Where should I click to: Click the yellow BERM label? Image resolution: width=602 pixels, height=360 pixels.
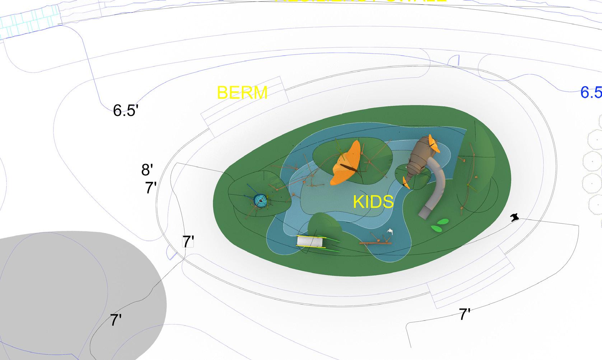pos(242,93)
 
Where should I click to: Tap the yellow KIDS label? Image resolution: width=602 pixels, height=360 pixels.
pos(373,202)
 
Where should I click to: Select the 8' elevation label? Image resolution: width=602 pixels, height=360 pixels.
pos(147,169)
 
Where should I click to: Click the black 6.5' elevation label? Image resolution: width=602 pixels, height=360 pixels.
pos(125,110)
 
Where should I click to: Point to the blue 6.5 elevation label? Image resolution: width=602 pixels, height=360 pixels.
pos(591,93)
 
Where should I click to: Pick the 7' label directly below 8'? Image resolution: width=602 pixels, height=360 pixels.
pos(151,188)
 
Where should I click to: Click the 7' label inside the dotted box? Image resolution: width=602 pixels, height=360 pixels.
pos(188,242)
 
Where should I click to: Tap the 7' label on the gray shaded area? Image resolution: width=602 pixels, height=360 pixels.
pos(116,320)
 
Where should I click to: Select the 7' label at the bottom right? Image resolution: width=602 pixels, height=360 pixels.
pos(465,314)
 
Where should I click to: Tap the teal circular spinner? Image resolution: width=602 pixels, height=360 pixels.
pos(260,201)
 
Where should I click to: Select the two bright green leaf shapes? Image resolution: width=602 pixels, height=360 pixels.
pos(440,225)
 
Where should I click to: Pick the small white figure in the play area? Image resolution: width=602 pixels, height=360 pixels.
pos(390,232)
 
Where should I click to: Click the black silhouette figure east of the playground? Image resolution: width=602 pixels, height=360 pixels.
pos(515,217)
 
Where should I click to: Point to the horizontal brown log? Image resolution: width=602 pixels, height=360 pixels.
pos(375,243)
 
